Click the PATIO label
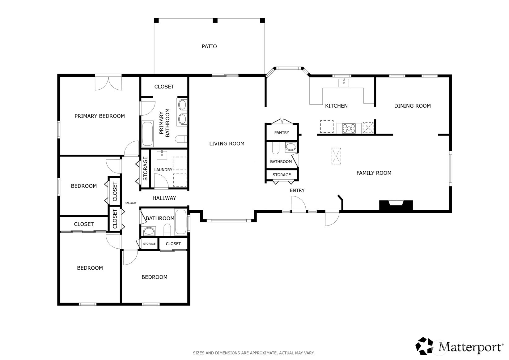click(209, 46)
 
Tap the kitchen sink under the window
click(344, 83)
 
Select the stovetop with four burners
click(349, 128)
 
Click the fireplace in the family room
click(396, 205)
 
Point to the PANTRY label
click(282, 133)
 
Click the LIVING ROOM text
click(227, 144)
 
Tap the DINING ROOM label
click(413, 106)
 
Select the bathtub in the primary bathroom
click(147, 134)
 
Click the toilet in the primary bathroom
click(181, 139)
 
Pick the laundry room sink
click(162, 155)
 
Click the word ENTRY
click(297, 190)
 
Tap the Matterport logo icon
click(424, 346)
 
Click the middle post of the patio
click(215, 21)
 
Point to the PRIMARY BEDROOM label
click(100, 116)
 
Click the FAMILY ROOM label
click(374, 173)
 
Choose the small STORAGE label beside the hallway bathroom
click(149, 244)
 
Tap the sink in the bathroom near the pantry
click(291, 147)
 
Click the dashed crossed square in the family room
click(336, 156)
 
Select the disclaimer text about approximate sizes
click(254, 353)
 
